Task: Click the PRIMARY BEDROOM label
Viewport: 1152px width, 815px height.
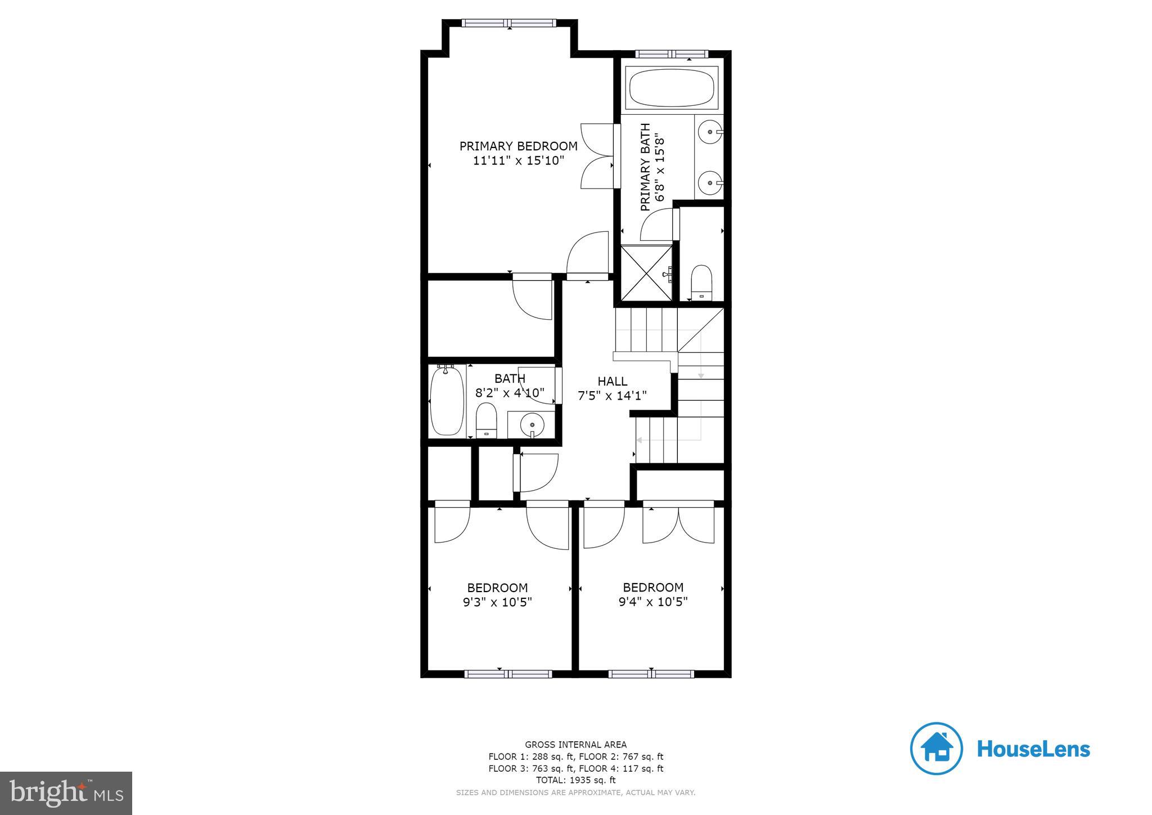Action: (x=518, y=146)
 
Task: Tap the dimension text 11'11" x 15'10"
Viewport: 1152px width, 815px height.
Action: (x=518, y=161)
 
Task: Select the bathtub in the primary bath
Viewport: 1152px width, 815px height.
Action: (x=671, y=88)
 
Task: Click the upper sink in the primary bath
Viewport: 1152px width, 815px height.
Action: (x=710, y=133)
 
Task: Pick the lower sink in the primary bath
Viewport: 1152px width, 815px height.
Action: (x=710, y=182)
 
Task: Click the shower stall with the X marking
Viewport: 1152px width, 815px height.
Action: (x=646, y=273)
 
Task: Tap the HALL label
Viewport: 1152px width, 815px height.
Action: (x=612, y=381)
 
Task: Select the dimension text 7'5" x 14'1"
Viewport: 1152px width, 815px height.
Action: (x=612, y=396)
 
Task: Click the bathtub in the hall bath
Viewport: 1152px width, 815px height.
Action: (x=447, y=401)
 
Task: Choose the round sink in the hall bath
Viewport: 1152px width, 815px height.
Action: (x=532, y=423)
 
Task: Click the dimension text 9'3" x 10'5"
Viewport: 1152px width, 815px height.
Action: (x=497, y=602)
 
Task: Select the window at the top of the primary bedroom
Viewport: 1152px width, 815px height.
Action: (x=508, y=23)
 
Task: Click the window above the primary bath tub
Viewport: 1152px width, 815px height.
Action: (x=672, y=54)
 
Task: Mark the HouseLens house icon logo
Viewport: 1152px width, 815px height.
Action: (x=936, y=749)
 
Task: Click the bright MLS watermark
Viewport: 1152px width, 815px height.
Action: (x=66, y=793)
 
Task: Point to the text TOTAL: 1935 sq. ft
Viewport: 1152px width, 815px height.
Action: (x=575, y=780)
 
